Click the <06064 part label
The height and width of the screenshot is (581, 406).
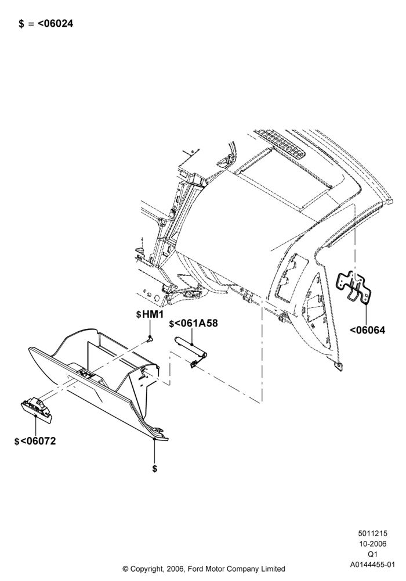pos(367,330)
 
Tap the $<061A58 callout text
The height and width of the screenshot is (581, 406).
pos(193,323)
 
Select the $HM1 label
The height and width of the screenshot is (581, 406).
pos(150,314)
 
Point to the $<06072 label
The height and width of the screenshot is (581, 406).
pos(35,442)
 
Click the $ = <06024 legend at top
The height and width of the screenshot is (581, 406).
pos(46,24)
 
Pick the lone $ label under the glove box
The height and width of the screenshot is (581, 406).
pos(154,469)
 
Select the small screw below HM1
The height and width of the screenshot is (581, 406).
pos(150,338)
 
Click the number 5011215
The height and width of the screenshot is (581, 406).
pos(372,533)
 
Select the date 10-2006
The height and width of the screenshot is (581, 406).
pos(372,544)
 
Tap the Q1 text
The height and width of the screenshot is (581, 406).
pos(372,554)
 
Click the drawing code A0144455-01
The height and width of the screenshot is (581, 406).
pos(373,565)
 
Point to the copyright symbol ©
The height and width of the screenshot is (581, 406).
pos(125,568)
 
